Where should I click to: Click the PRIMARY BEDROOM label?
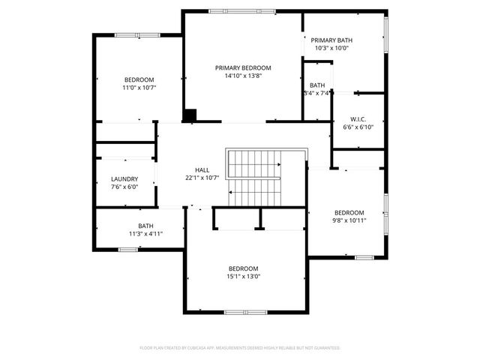243,67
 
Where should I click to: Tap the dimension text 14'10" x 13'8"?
243,76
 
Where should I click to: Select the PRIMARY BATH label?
331,40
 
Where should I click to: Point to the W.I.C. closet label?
358,119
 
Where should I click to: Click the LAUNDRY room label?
124,178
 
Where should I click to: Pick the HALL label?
202,169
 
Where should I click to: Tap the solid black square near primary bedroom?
190,115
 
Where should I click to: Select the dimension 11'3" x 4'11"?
145,234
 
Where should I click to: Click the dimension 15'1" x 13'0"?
244,276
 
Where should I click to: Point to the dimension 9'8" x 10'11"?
349,220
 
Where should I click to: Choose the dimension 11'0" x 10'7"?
139,88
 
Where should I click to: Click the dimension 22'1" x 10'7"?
202,178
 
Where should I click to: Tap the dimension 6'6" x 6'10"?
358,127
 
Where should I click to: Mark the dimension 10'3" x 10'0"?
331,49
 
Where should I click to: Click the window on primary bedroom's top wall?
231,11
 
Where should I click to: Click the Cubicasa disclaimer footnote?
240,348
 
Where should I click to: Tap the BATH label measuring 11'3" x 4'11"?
145,226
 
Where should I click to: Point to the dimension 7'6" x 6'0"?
124,187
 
